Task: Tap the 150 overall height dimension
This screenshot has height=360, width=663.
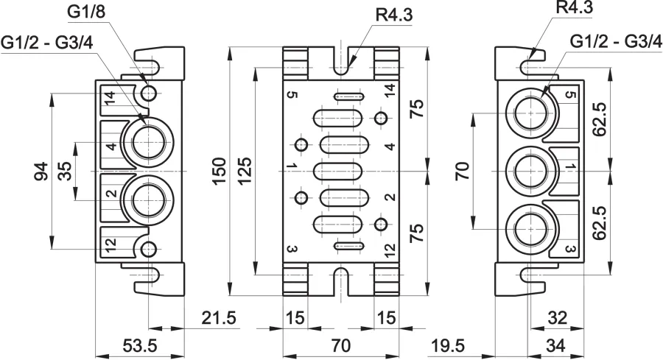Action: (x=220, y=171)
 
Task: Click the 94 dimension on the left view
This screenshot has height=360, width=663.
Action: (x=41, y=171)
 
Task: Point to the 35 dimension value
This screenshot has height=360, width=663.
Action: (x=65, y=171)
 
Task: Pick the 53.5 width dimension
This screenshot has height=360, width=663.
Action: (x=140, y=346)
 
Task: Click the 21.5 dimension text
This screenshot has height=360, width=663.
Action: (x=218, y=318)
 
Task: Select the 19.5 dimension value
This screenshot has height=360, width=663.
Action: (x=448, y=346)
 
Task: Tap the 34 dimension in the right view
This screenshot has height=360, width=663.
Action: (x=555, y=346)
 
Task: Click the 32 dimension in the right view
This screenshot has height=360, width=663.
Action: (x=557, y=318)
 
